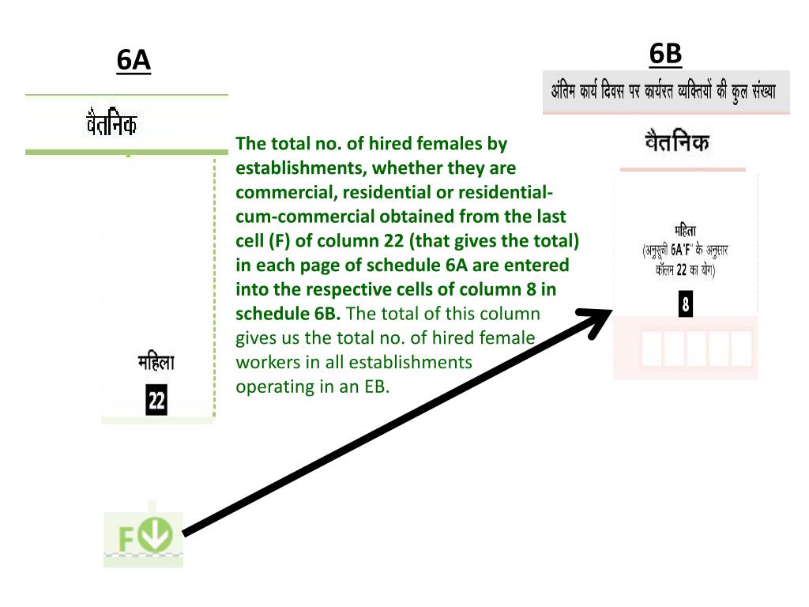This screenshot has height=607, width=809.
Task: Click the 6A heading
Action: pos(134,60)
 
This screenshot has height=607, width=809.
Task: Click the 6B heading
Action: pos(665,53)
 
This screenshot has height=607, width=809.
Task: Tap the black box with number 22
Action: pos(156,400)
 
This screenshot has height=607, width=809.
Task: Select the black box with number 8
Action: pos(686,304)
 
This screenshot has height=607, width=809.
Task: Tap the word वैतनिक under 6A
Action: pos(111,123)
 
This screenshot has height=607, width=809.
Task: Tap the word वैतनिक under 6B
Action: pos(677,143)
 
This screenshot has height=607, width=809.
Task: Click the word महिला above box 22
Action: pos(156,364)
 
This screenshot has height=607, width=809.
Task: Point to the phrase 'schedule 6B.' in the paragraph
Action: pos(288,313)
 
